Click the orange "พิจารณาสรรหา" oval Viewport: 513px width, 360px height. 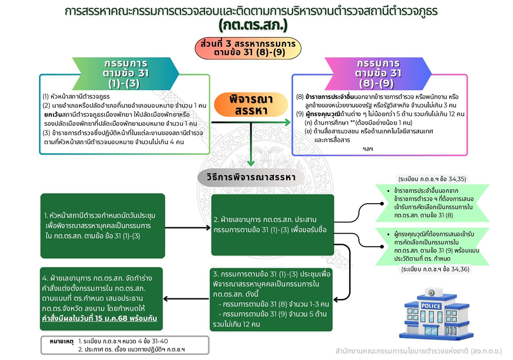[251, 104]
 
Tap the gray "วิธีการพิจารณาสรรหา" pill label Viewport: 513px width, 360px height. [251, 177]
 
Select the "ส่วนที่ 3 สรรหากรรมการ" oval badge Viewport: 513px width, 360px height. [248, 48]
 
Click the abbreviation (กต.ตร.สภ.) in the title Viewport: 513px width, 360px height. [253, 25]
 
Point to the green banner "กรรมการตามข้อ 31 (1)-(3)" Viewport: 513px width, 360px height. [126, 73]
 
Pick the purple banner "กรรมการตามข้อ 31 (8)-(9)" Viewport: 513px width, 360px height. [378, 73]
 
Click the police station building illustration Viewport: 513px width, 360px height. [436, 313]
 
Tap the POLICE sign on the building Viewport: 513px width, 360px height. [431, 306]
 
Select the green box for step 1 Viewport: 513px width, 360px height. [103, 226]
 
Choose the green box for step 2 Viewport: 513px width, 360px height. [273, 225]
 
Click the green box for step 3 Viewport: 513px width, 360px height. [271, 299]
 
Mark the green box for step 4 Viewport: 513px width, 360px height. [102, 299]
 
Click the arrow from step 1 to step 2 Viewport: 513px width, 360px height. [188, 227]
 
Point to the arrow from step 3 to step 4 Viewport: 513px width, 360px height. [186, 298]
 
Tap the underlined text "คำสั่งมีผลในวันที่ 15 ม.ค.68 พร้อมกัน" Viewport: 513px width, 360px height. [99, 318]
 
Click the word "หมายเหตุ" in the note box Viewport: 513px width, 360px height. [62, 341]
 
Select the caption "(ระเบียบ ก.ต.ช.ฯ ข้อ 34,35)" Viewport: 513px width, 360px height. [432, 179]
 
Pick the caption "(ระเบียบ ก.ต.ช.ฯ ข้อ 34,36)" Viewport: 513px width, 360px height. [435, 269]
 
